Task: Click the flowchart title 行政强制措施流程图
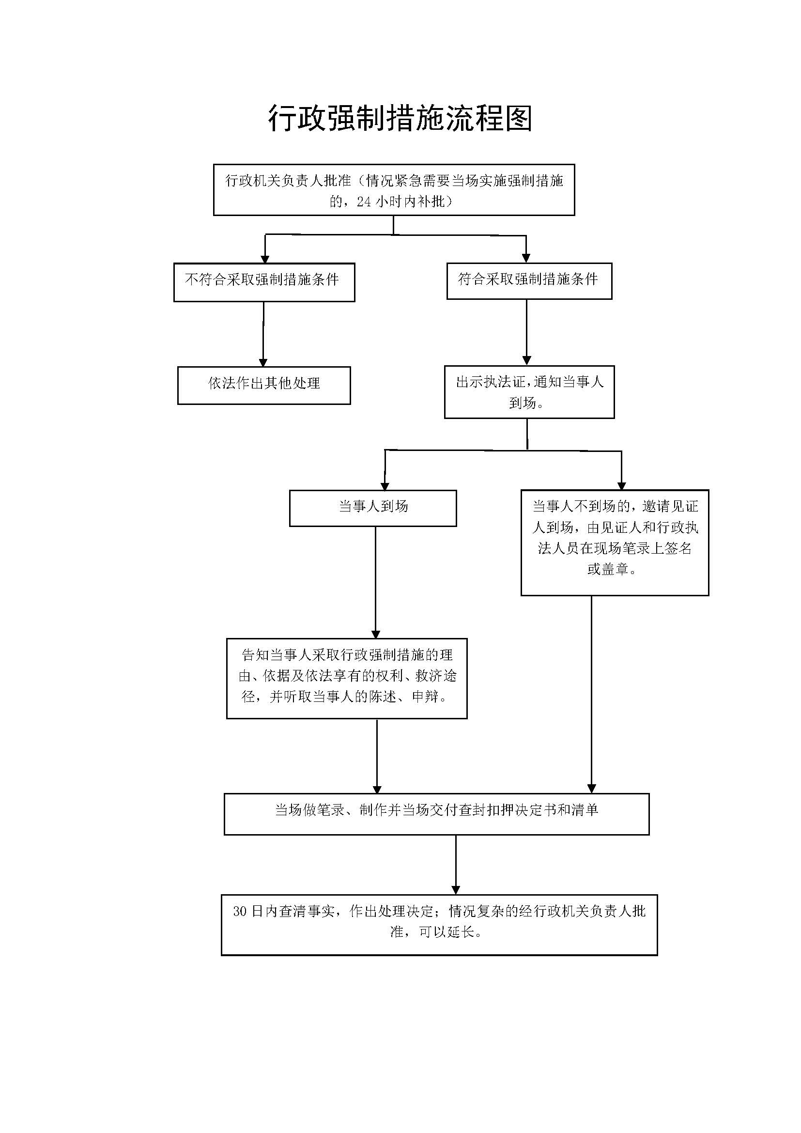coord(400,118)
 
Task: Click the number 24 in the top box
coord(364,202)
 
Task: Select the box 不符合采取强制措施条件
coord(264,282)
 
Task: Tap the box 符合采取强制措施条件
coord(529,281)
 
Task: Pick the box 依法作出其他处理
coord(264,385)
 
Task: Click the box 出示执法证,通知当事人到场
coord(529,392)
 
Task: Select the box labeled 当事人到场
coord(372,508)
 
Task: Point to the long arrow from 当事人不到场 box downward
coord(591,691)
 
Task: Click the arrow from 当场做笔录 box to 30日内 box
coord(455,863)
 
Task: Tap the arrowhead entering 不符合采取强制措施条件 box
coord(265,259)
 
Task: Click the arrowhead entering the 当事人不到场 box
coord(621,485)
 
